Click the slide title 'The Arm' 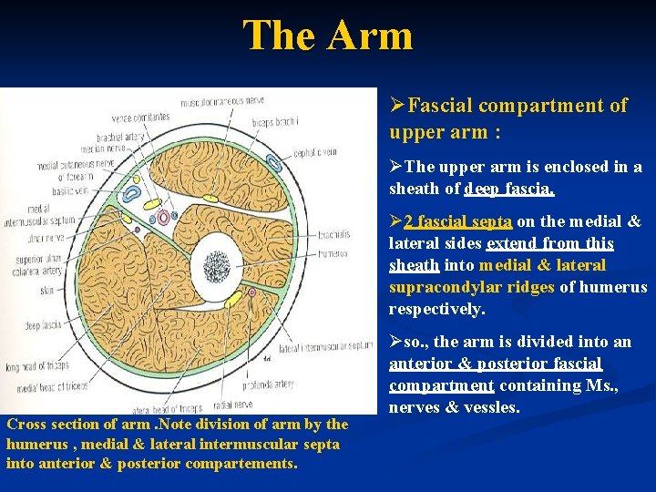pos(327,36)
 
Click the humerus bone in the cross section pos(215,266)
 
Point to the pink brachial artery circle pos(164,218)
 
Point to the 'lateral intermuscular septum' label pos(327,346)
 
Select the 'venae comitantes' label pos(141,117)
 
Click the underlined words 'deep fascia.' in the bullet pos(509,189)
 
